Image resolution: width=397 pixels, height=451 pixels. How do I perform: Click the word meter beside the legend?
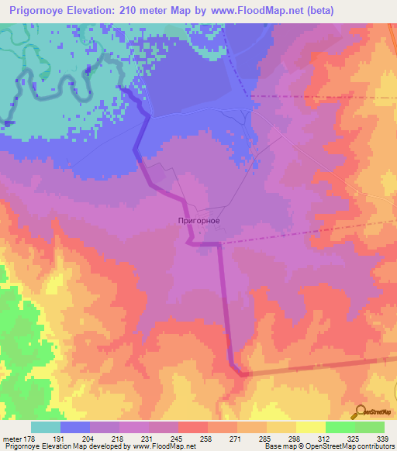click(11, 438)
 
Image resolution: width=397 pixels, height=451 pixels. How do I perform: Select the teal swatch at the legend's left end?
click(46, 427)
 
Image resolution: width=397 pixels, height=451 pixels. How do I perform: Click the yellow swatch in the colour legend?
click(310, 427)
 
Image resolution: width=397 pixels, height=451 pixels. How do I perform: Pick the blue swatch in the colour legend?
click(75, 427)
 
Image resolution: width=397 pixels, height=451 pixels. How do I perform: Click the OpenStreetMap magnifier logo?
click(358, 412)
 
